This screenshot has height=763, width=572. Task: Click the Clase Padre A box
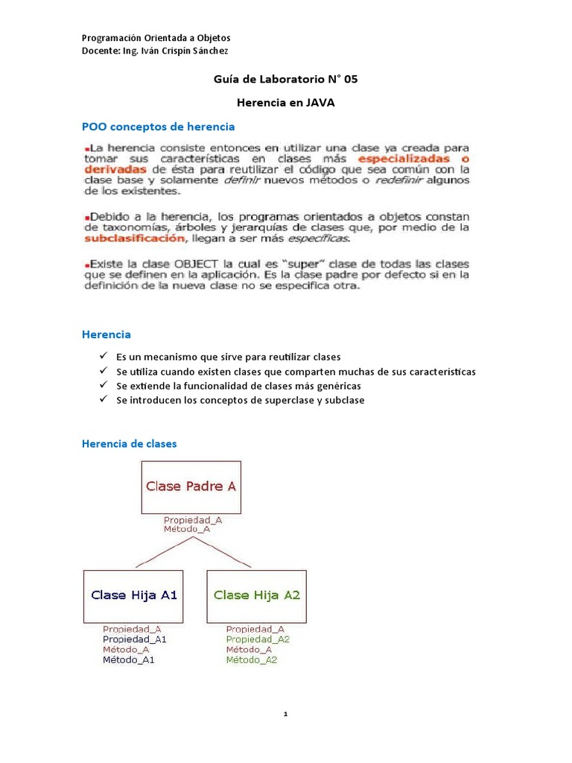(191, 487)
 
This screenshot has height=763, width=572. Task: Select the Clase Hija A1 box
(134, 595)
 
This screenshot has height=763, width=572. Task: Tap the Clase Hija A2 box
(256, 595)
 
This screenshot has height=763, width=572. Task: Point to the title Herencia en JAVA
(285, 103)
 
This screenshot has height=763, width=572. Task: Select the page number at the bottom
(285, 714)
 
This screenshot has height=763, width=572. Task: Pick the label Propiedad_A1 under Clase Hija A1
(134, 639)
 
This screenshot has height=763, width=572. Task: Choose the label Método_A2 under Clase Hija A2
(251, 660)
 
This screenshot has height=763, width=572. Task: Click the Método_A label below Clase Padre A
(186, 529)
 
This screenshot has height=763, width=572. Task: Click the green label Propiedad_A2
(257, 639)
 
